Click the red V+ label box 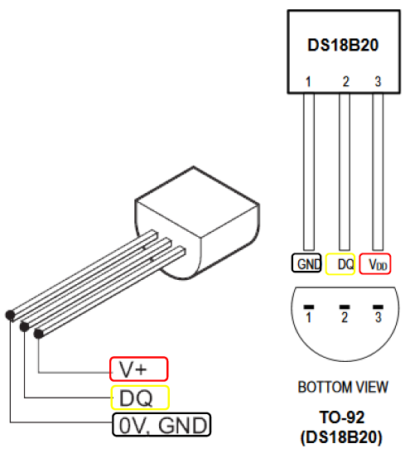coord(138,369)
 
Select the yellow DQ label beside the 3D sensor coord(140,398)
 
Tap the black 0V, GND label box coord(162,425)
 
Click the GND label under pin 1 coord(306,263)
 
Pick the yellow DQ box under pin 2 coord(340,264)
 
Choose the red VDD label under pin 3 coord(375,264)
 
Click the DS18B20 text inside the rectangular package coord(343,45)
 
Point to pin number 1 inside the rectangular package coord(308,82)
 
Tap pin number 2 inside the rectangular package coord(345,81)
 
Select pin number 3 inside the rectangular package coord(378,81)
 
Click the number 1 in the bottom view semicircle coord(308,317)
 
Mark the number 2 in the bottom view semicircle coord(345,317)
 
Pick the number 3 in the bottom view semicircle coord(379,317)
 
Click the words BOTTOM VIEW coord(343,387)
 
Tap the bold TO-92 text coord(342,417)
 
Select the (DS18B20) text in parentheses coord(341,437)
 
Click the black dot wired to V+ coord(39,334)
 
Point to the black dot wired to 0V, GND coord(10,316)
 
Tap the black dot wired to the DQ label coord(25,326)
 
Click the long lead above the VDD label coord(378,171)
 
